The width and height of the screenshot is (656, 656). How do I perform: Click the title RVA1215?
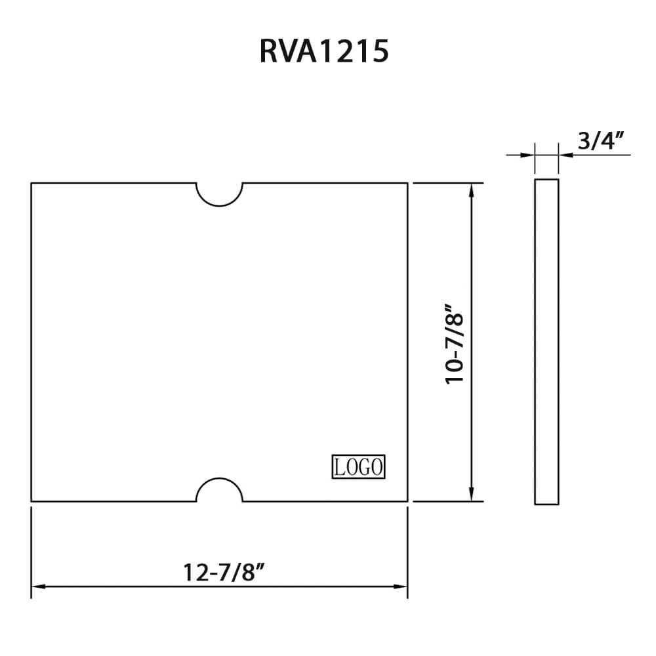pyautogui.click(x=324, y=52)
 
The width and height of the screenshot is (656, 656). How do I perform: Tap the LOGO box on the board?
pyautogui.click(x=358, y=467)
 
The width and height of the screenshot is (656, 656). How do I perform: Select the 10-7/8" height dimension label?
pyautogui.click(x=455, y=344)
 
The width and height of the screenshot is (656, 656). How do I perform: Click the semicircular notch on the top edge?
pyautogui.click(x=220, y=194)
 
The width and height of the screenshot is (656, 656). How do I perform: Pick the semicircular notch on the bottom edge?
pyautogui.click(x=220, y=491)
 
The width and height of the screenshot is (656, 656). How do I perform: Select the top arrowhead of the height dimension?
pyautogui.click(x=471, y=190)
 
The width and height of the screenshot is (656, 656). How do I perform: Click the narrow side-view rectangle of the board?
pyautogui.click(x=546, y=341)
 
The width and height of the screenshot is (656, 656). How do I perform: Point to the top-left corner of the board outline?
pyautogui.click(x=31, y=183)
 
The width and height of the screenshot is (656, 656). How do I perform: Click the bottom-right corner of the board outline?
pyautogui.click(x=407, y=502)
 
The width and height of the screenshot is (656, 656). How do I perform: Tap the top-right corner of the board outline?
pyautogui.click(x=407, y=183)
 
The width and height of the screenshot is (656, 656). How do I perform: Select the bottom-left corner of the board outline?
pyautogui.click(x=31, y=502)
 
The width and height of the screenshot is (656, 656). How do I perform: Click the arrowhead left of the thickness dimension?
pyautogui.click(x=527, y=155)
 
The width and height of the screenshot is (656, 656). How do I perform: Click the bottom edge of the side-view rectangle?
pyautogui.click(x=546, y=504)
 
